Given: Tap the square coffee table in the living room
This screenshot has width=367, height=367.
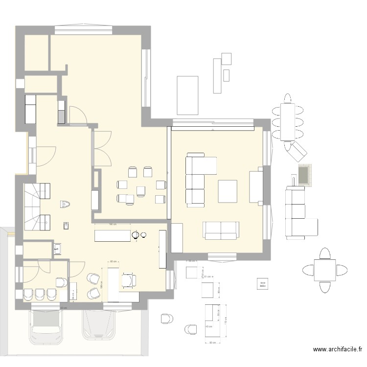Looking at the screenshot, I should (228, 191).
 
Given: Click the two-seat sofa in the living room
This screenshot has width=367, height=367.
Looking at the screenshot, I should (222, 230).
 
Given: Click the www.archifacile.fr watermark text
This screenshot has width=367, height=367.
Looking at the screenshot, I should (337, 349).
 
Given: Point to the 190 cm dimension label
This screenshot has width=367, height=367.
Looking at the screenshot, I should (112, 225).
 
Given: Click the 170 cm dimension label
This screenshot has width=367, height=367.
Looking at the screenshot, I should (226, 322).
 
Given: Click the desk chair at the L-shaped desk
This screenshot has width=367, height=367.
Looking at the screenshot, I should (129, 279).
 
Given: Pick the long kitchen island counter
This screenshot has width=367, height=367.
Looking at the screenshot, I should (114, 235).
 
